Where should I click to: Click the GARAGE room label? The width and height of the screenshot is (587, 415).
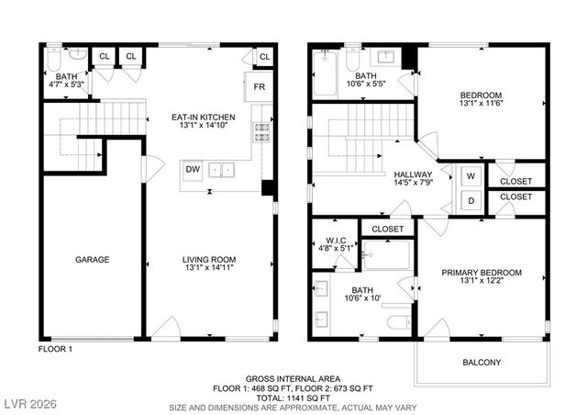click(92, 260)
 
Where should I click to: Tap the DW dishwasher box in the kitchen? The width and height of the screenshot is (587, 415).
click(194, 169)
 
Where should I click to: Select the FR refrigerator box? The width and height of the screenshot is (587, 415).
click(260, 88)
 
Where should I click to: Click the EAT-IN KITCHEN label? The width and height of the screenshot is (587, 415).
click(204, 118)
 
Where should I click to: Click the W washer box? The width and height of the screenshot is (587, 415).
click(471, 175)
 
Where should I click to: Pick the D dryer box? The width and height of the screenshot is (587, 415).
click(471, 200)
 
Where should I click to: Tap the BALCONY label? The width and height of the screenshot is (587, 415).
click(482, 363)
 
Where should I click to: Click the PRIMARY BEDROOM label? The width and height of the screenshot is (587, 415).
click(482, 273)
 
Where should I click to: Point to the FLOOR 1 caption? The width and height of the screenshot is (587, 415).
click(55, 350)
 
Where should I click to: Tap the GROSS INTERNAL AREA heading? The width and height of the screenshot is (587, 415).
click(293, 379)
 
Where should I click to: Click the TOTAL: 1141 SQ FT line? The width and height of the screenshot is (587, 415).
click(293, 398)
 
